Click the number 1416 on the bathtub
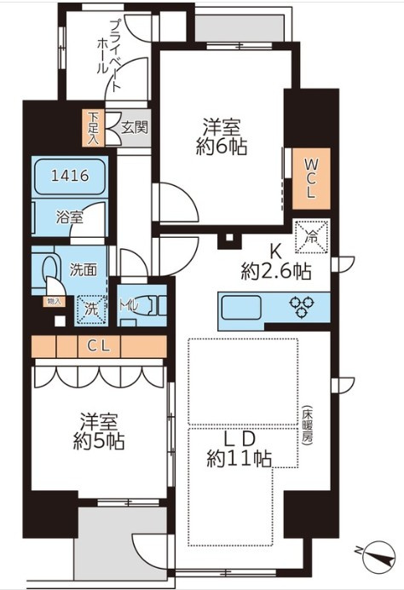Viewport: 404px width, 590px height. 68,176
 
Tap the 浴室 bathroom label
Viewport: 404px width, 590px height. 70,217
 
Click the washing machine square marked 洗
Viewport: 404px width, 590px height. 89,309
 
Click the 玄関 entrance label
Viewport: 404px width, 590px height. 134,129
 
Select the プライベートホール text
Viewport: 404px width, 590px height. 111,55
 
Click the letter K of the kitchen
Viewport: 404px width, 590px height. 275,252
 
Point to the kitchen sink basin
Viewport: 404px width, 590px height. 244,306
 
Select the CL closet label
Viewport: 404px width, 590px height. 98,346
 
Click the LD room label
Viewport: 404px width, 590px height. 239,438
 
